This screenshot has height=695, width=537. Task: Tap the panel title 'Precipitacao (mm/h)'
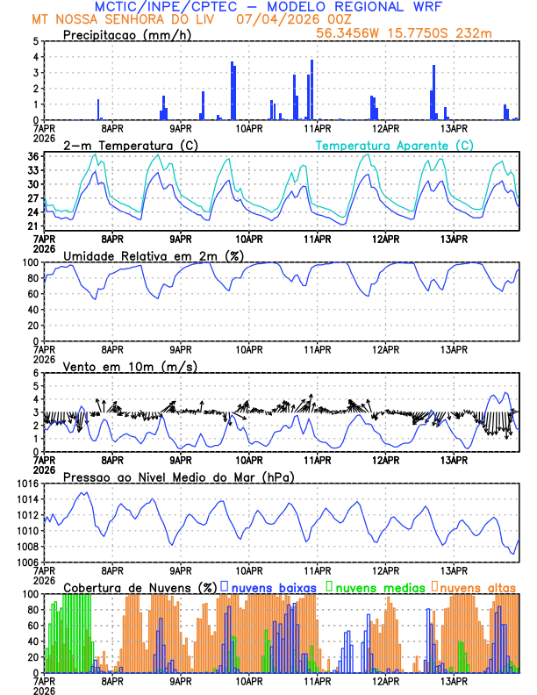(x=126, y=34)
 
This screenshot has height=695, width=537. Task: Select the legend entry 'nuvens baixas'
(x=268, y=586)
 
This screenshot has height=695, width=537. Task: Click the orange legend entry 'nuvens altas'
(x=475, y=586)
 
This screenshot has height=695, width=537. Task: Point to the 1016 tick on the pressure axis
(x=26, y=484)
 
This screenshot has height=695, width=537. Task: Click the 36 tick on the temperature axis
(x=32, y=156)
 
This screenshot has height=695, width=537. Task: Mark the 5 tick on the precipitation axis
(x=35, y=41)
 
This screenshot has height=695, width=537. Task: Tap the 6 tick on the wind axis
(x=35, y=373)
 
